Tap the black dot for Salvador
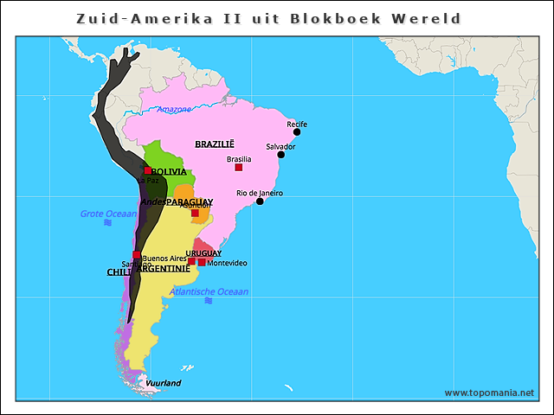point(280,155)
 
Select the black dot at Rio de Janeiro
point(260,201)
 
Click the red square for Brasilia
point(238,168)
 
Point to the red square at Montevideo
point(202,262)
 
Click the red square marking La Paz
point(148,171)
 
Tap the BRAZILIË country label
point(214,144)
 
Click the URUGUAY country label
point(203,253)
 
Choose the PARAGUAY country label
point(190,201)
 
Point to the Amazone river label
point(173,110)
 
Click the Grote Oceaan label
point(108,214)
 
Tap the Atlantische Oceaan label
point(209,291)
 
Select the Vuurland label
point(164,383)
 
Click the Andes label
point(153,201)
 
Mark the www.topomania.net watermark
point(489,393)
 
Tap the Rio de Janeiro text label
point(260,193)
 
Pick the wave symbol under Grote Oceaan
point(108,223)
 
